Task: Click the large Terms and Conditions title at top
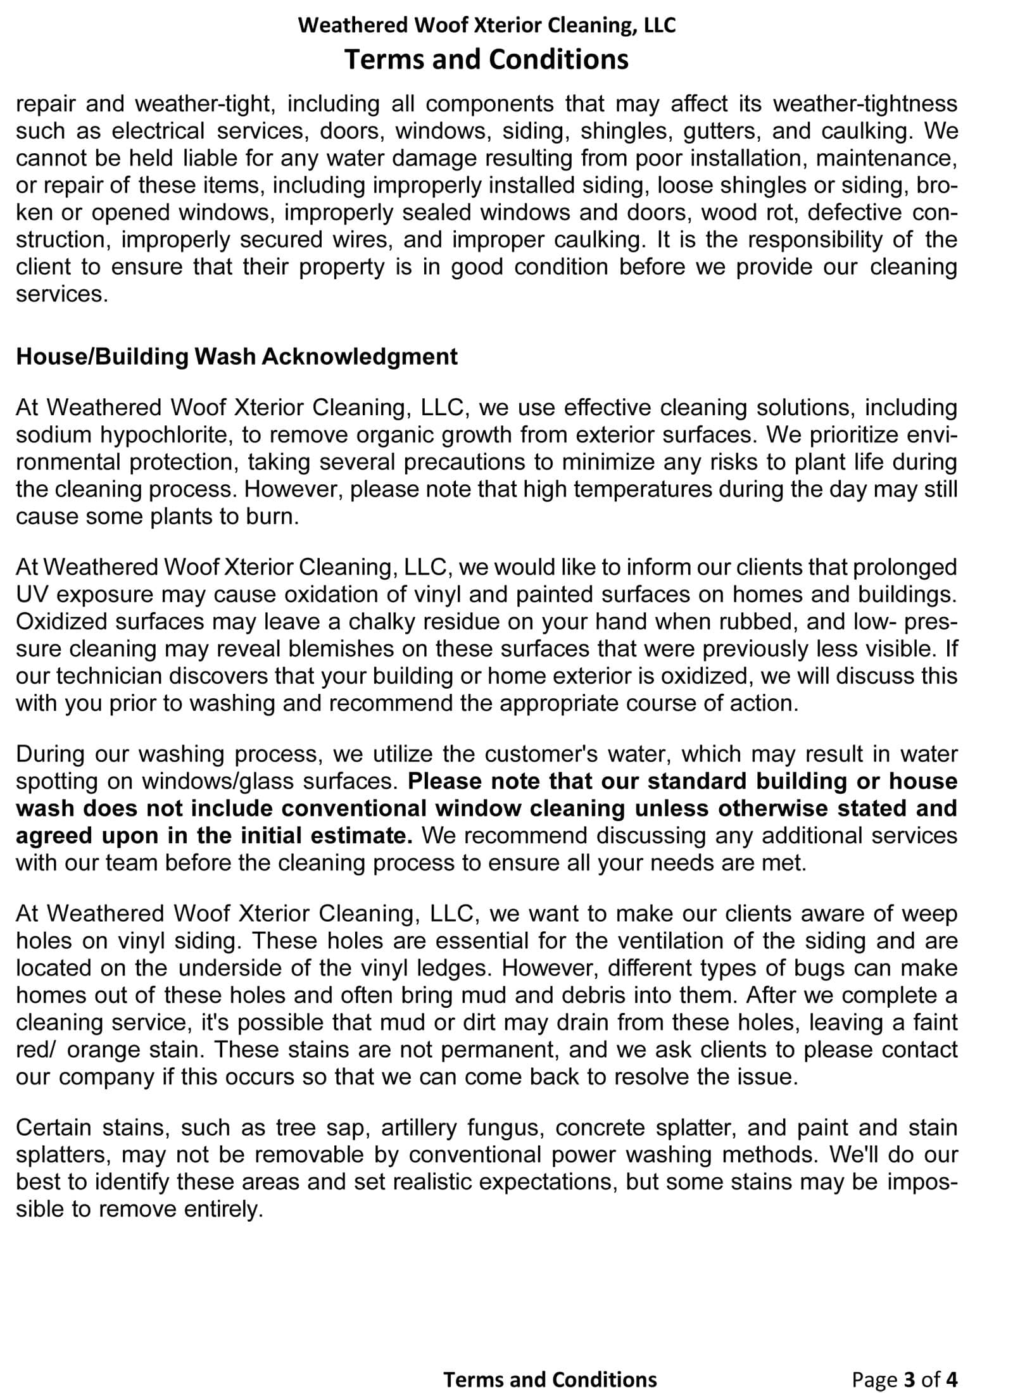(486, 60)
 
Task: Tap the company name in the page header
(486, 25)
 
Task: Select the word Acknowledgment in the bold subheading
(359, 356)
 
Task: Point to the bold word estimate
(370, 836)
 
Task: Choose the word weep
(930, 913)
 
